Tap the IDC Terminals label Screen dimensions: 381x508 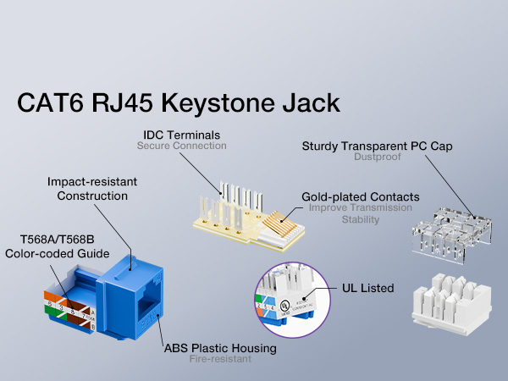click(x=182, y=135)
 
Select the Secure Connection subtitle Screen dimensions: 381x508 click(x=182, y=146)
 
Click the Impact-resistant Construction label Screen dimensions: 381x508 click(x=91, y=189)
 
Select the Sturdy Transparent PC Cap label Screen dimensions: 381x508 click(x=378, y=146)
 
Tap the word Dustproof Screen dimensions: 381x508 click(x=378, y=157)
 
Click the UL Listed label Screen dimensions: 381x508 click(x=369, y=288)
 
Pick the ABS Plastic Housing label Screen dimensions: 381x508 click(x=220, y=348)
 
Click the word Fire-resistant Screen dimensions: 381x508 click(x=220, y=359)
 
